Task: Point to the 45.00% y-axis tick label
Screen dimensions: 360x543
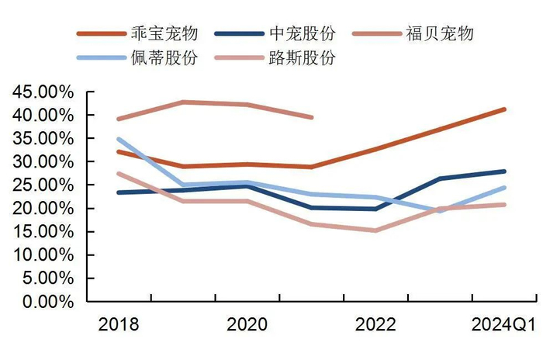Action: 43,92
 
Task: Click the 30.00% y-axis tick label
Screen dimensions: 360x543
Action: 43,161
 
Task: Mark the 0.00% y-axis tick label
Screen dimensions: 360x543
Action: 47,302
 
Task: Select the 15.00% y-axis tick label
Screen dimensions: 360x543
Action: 43,232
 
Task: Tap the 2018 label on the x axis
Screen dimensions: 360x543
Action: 118,324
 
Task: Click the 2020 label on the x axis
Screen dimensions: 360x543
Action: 247,324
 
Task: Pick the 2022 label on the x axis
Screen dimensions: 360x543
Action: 375,324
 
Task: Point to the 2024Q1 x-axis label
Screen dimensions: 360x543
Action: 504,324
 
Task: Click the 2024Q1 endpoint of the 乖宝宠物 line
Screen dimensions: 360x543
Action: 505,109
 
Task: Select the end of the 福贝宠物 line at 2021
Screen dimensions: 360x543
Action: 312,117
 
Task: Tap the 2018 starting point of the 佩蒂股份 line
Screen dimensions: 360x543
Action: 118,140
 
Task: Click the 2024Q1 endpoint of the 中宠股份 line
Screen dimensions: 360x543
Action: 505,171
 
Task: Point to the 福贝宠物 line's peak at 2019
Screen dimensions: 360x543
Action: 183,102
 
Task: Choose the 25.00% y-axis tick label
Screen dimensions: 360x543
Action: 43,185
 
